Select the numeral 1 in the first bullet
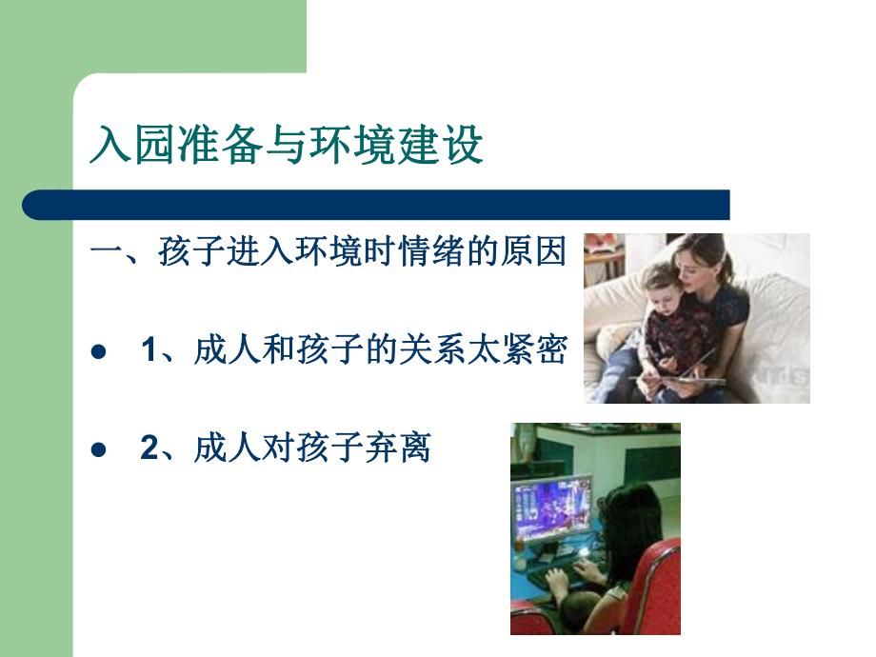(x=148, y=351)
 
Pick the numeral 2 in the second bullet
(x=148, y=448)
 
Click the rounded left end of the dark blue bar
(x=34, y=205)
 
